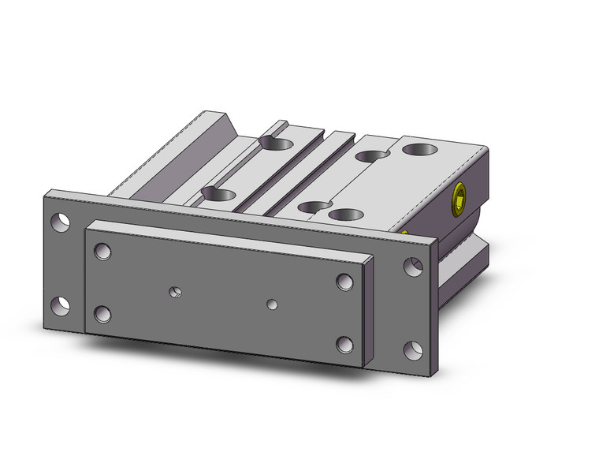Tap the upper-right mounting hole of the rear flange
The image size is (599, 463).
[x=412, y=266]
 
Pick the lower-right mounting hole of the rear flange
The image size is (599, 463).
[x=412, y=348]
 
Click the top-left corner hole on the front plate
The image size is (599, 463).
[x=102, y=252]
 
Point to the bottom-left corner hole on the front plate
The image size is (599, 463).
[x=102, y=314]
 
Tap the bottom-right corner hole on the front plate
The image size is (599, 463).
[x=344, y=345]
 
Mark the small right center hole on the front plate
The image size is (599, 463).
[x=272, y=303]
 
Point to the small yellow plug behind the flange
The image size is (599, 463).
[x=404, y=233]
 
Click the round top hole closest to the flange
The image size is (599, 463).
[x=345, y=214]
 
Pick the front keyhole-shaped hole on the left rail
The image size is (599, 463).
[x=220, y=193]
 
